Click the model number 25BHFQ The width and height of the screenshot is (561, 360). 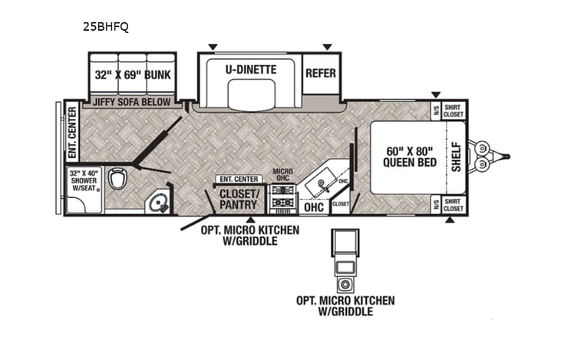point(106,26)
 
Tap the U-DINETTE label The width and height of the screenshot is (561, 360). point(251,69)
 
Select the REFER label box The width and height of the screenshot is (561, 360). point(322,74)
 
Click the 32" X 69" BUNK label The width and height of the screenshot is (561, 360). point(133,75)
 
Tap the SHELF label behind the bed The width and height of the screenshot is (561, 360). point(456,157)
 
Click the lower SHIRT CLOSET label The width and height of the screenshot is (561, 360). point(453,205)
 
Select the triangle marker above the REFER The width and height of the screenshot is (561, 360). point(328,47)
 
